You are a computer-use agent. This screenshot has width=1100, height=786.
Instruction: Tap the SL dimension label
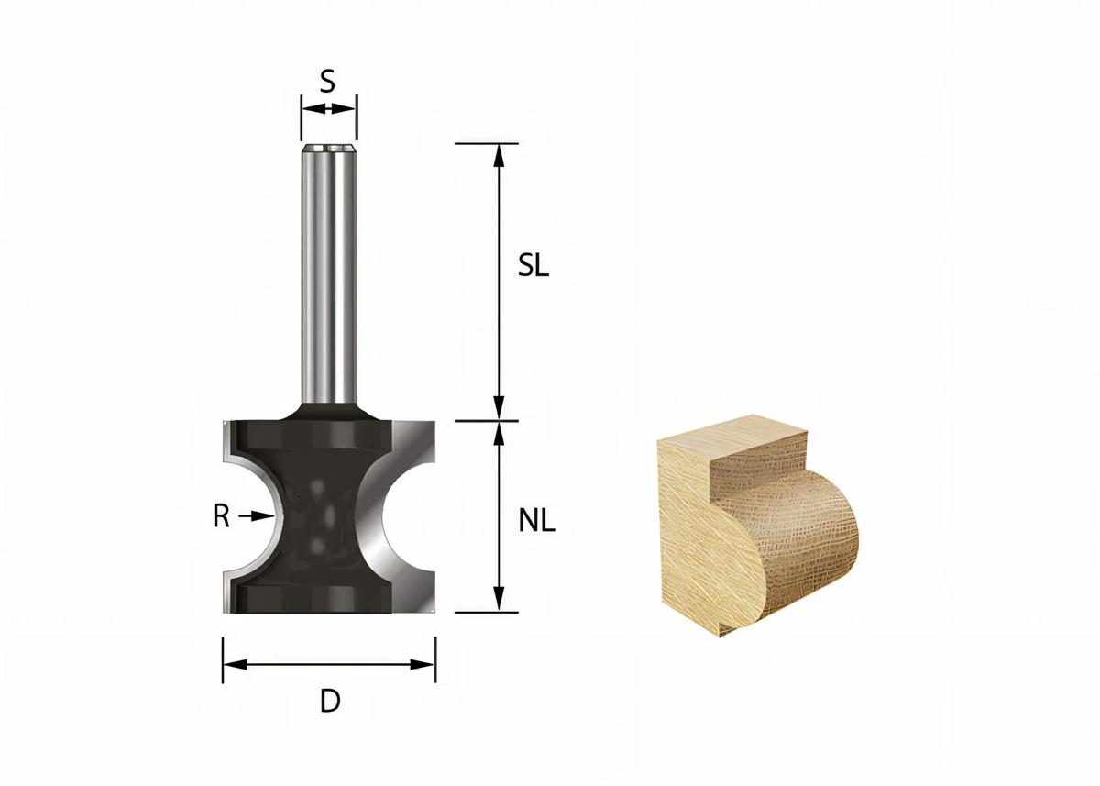point(533,267)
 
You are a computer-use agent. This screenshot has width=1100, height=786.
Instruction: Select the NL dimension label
point(537,522)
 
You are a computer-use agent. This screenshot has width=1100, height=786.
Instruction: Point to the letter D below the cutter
point(330,703)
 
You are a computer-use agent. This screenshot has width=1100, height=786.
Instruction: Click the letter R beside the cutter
point(221,517)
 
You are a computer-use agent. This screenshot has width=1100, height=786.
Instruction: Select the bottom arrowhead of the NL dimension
point(499,601)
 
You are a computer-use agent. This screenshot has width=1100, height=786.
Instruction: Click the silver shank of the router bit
point(329,275)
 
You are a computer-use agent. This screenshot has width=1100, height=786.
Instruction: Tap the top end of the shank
point(329,146)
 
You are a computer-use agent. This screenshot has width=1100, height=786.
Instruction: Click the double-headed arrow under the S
point(329,108)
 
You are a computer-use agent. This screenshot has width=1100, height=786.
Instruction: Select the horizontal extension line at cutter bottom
point(486,612)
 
